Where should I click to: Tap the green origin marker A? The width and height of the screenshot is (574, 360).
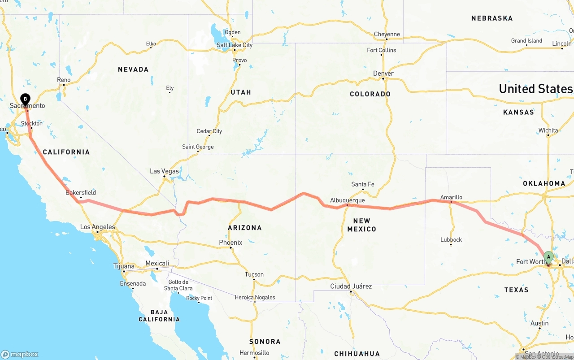(x=548, y=257)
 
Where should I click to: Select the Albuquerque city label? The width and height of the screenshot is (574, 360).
(x=347, y=200)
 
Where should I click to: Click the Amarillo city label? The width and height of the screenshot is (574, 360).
(x=451, y=197)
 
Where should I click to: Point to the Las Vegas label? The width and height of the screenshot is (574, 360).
(x=164, y=171)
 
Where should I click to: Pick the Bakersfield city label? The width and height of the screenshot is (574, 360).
(x=81, y=193)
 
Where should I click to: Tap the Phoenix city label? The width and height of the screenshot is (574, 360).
(x=230, y=243)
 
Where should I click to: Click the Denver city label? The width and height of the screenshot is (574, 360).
(x=383, y=74)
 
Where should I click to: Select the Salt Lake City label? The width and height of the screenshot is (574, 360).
(x=235, y=45)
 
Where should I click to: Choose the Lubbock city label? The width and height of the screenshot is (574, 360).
(x=451, y=239)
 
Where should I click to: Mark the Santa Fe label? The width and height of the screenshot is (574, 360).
(x=362, y=184)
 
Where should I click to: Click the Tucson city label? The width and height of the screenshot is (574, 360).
(x=254, y=274)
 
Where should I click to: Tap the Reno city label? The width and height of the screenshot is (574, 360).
(x=64, y=80)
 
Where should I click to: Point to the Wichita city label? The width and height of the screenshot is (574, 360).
(x=548, y=130)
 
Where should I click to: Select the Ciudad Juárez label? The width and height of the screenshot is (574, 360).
(x=351, y=286)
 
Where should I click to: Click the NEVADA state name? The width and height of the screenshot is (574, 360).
(x=133, y=69)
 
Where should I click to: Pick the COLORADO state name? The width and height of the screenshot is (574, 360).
(x=370, y=94)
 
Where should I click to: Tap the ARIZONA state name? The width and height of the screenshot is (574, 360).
(x=245, y=228)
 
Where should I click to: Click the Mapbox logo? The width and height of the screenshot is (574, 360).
(x=20, y=354)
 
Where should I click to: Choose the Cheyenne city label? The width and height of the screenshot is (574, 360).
(x=387, y=34)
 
